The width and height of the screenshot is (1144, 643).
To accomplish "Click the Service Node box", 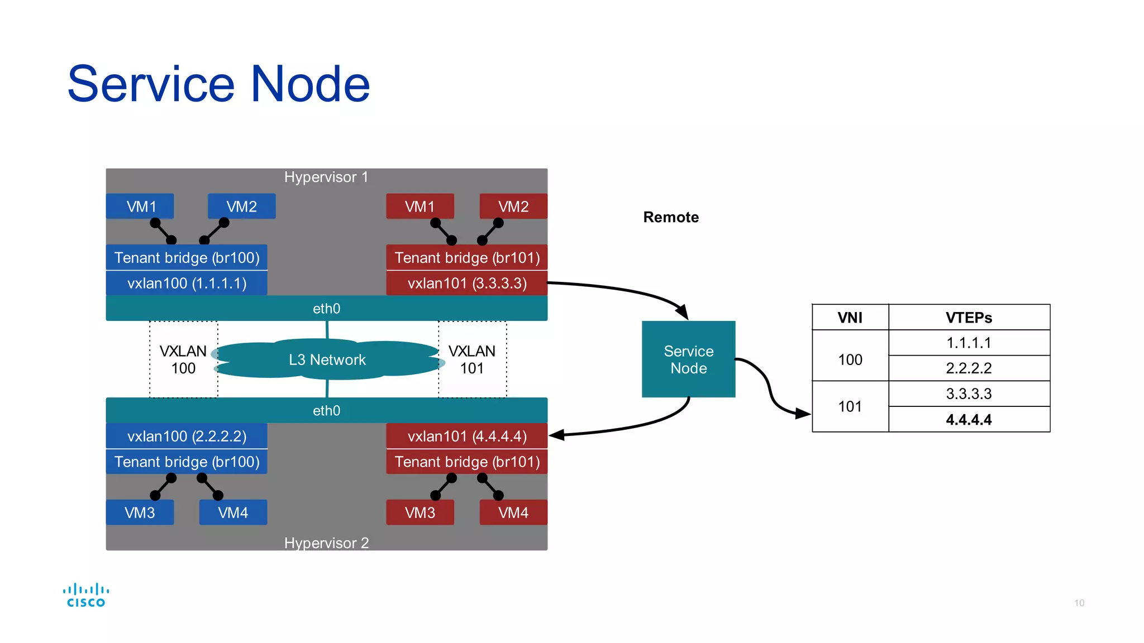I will click(688, 359).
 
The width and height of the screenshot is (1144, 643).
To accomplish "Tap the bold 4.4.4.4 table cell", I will click(969, 419).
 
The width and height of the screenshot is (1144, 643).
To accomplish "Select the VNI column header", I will click(850, 318).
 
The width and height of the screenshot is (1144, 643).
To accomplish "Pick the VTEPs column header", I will click(969, 318).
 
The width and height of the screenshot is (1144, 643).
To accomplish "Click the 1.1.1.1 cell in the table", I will click(969, 343).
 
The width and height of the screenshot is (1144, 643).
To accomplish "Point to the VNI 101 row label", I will click(850, 406).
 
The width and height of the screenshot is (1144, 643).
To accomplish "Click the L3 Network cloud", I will click(327, 359).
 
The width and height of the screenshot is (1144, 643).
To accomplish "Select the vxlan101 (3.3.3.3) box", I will click(466, 283).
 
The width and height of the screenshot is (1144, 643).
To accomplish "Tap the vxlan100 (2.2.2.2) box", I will click(187, 436).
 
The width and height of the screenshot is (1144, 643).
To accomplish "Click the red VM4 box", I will click(513, 512).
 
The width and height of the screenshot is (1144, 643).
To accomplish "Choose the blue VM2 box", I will click(241, 207).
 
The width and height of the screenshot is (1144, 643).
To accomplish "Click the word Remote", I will click(671, 217).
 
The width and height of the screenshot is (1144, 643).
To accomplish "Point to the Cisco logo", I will click(85, 595).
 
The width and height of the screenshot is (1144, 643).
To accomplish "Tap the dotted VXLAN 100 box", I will click(183, 359).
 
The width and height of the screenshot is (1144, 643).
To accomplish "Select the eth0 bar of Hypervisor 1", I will click(326, 308).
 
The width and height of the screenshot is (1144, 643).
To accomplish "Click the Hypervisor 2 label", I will click(326, 543).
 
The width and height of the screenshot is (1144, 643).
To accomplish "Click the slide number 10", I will click(1079, 603).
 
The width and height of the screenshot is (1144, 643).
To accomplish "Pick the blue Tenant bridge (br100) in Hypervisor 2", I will click(187, 462).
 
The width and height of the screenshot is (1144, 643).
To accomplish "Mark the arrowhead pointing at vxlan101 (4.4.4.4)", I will click(556, 435).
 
